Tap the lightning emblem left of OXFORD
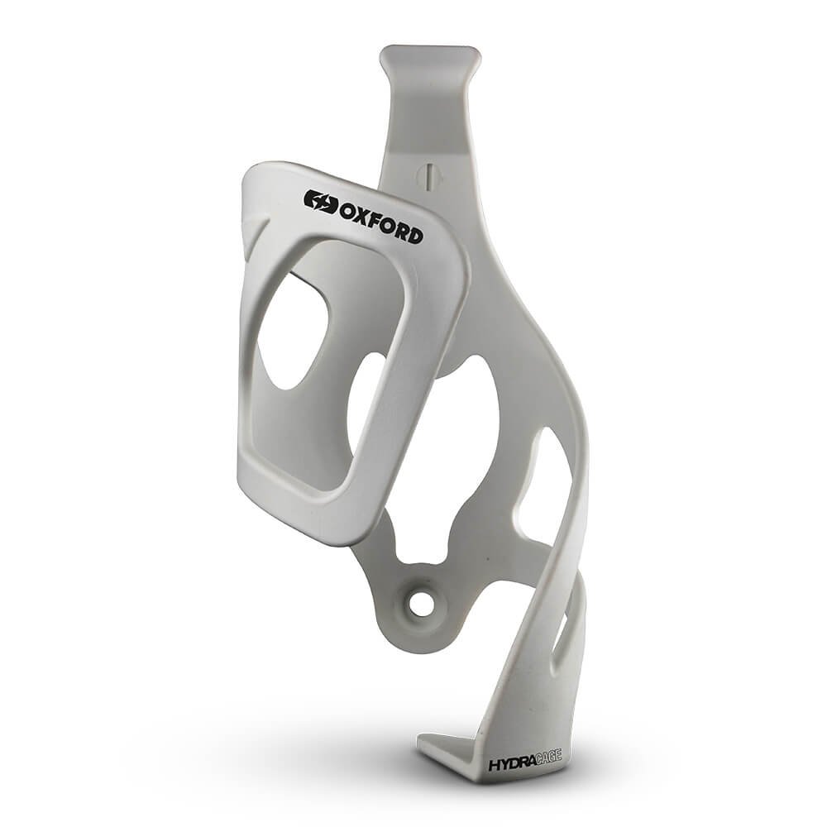tap(321, 202)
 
